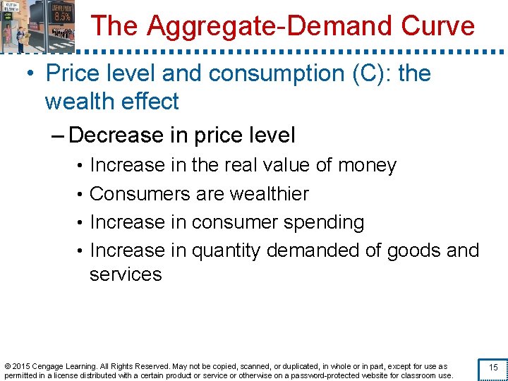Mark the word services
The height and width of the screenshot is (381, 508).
[x=126, y=274]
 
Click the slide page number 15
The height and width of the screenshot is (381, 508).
[x=493, y=368]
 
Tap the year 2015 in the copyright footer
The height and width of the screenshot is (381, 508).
[x=21, y=366]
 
